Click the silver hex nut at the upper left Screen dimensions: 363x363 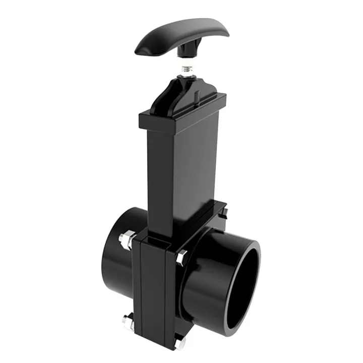pyautogui.click(x=127, y=238)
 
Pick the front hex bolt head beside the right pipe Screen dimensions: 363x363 pyautogui.click(x=182, y=257)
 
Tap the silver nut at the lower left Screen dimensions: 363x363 pyautogui.click(x=128, y=320)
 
